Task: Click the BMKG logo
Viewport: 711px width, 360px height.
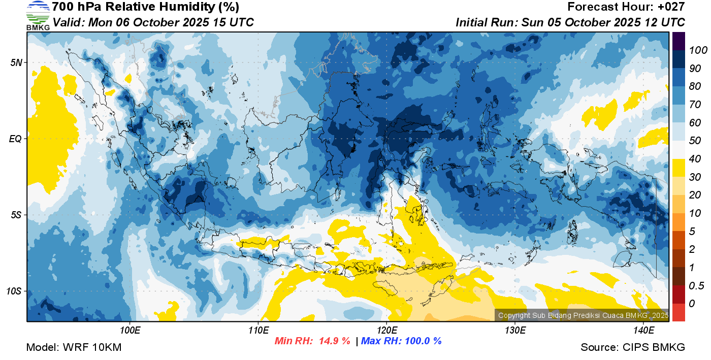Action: coord(38,16)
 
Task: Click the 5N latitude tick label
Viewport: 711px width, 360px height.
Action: coord(16,62)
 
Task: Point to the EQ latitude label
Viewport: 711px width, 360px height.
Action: coord(16,139)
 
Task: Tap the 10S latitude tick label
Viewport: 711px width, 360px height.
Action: coord(14,291)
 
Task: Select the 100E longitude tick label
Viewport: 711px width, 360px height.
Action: coord(130,331)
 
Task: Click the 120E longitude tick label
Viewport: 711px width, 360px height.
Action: coord(387,331)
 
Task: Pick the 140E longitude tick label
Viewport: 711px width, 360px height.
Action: coord(643,331)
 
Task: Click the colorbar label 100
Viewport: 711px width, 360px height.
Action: coord(698,50)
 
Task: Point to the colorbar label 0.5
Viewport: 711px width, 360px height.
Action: coord(696,286)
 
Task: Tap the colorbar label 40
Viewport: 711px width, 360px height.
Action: coord(695,159)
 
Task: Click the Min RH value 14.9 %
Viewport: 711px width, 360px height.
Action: coord(334,341)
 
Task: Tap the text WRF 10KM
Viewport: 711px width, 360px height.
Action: coord(92,347)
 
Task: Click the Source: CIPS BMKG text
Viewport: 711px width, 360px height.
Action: coord(633,347)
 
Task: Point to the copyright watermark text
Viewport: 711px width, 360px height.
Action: coord(583,315)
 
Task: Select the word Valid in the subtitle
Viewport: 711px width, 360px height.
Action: coord(69,22)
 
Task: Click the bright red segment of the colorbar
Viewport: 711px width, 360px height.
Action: coord(678,312)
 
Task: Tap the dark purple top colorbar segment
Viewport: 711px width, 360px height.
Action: coord(678,41)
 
